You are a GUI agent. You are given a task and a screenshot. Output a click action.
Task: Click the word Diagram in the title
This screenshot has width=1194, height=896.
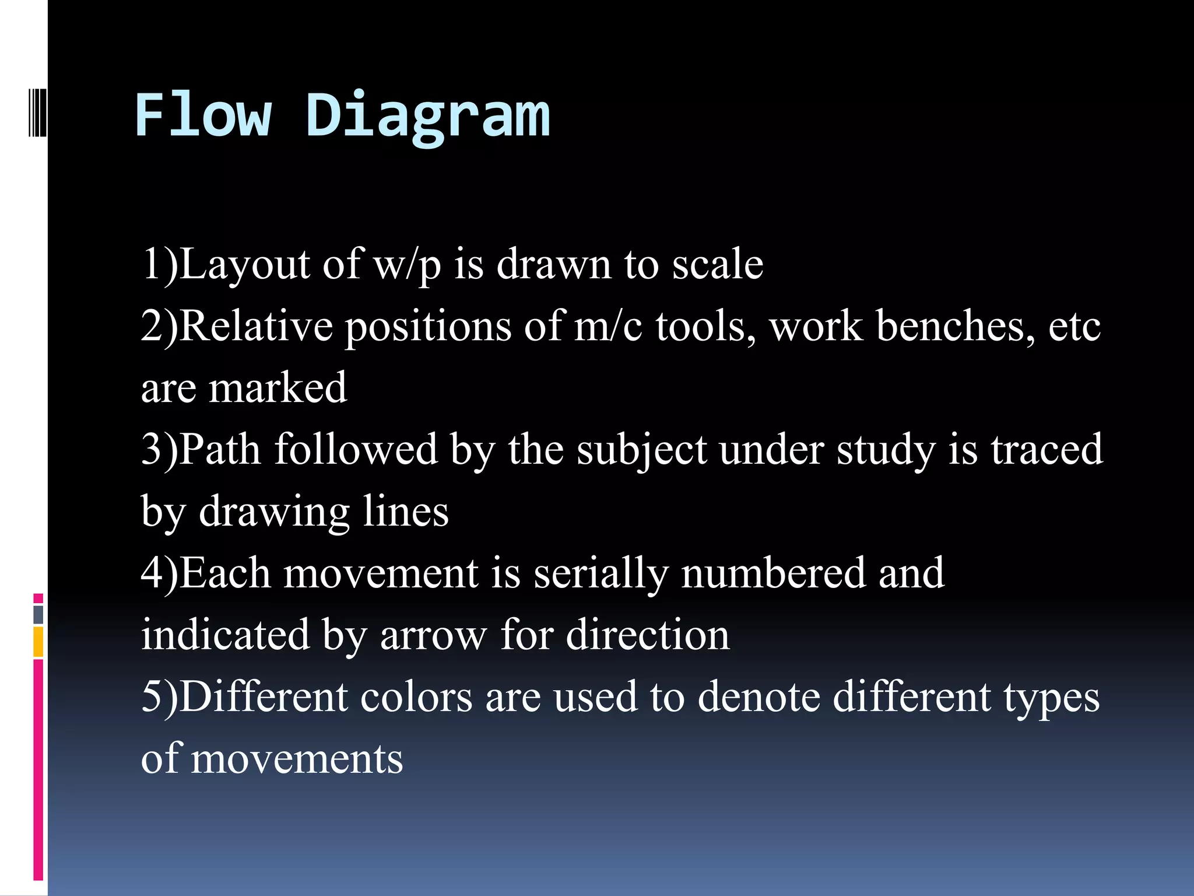coord(427,117)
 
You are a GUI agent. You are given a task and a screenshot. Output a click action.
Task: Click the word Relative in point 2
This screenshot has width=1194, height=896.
coord(256,327)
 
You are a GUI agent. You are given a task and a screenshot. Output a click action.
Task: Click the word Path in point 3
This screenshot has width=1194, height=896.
coord(219,450)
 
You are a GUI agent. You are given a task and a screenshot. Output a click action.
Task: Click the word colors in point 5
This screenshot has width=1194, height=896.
coord(416,698)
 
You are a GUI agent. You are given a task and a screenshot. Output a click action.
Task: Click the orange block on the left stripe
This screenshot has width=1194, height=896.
coord(38,642)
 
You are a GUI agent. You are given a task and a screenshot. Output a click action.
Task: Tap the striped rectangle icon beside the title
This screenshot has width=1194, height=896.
coord(37,106)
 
